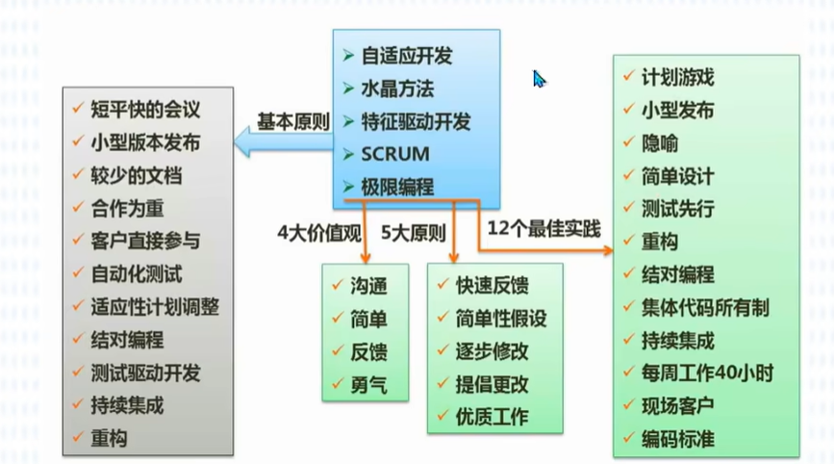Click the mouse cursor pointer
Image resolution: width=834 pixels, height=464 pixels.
540,78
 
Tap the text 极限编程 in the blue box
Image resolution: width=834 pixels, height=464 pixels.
397,187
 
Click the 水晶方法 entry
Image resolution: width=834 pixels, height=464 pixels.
397,89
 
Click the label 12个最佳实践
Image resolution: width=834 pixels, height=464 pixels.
543,229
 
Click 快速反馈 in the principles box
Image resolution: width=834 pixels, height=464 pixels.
492,285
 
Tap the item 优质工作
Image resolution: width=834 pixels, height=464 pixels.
492,417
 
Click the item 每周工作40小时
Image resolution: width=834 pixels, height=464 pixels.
707,373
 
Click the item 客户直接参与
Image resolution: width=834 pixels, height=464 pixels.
145,241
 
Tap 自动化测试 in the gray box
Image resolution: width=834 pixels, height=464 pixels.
136,273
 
